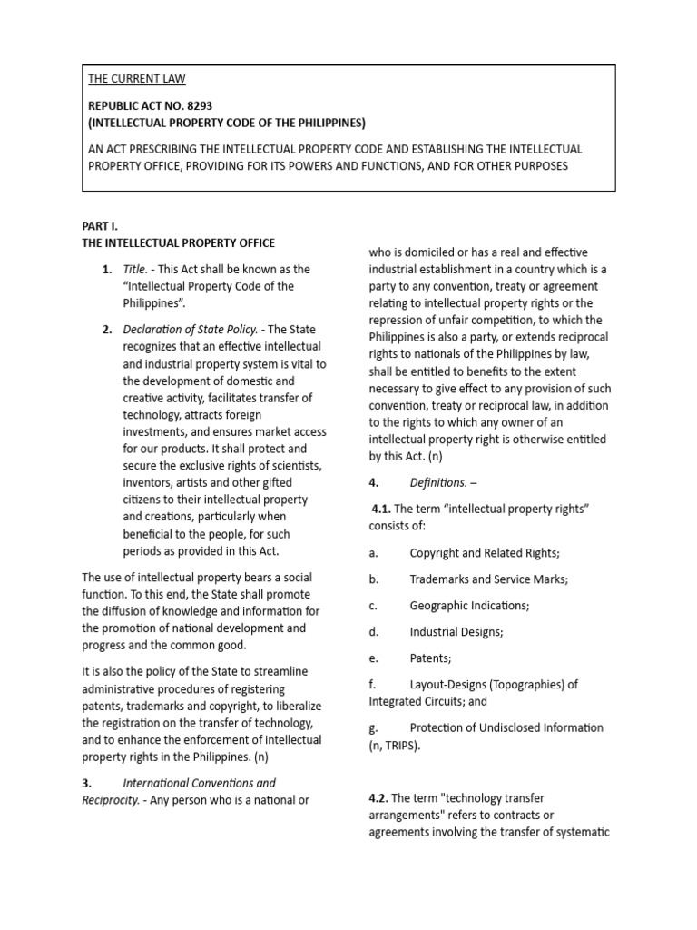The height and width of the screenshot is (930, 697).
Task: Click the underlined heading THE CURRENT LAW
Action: (x=136, y=79)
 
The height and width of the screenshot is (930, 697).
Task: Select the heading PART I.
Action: (x=99, y=226)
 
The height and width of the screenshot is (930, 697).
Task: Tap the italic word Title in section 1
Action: (x=136, y=270)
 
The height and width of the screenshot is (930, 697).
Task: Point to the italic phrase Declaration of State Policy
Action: (x=191, y=329)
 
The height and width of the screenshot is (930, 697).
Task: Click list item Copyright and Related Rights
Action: (x=483, y=552)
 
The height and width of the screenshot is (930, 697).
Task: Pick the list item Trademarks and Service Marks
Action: (x=488, y=579)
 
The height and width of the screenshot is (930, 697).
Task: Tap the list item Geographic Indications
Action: (x=468, y=605)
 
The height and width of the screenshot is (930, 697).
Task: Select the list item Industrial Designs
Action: (x=456, y=631)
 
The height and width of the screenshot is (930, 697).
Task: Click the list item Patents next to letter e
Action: (x=430, y=658)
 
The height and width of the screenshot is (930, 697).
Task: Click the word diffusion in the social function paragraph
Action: (x=147, y=610)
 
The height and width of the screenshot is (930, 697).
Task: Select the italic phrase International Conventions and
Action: (x=199, y=783)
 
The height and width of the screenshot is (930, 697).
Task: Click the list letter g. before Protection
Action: (x=373, y=728)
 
